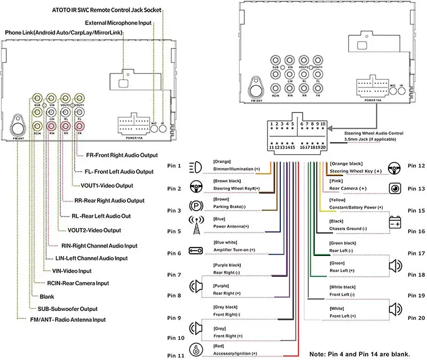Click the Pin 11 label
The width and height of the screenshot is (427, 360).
pos(176,355)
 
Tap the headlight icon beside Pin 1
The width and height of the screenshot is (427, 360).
pos(195,167)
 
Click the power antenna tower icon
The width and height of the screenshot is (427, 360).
pos(195,226)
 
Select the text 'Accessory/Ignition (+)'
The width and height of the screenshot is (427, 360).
pos(235,353)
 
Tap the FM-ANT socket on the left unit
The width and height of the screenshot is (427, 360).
pos(19,126)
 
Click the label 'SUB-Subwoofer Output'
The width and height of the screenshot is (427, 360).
pos(67,309)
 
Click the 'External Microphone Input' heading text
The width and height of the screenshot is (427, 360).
pos(118,22)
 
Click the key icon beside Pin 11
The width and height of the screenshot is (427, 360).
pos(195,350)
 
